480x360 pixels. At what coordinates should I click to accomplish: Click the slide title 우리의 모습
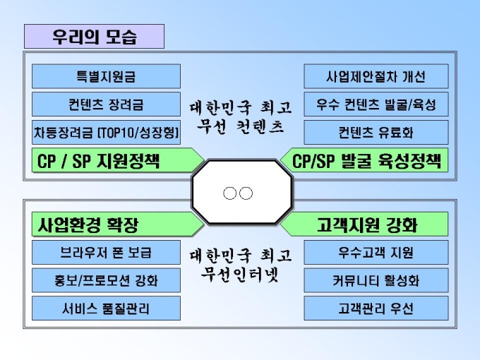pos(94,36)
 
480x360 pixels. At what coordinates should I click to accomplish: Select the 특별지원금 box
pos(106,76)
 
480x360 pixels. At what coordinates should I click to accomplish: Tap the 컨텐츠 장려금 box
pos(106,104)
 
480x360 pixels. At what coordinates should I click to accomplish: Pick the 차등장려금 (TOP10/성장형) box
pos(106,132)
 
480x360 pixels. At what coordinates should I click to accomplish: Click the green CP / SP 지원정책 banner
pos(113,160)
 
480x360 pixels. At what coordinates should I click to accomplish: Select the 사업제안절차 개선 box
pos(376,76)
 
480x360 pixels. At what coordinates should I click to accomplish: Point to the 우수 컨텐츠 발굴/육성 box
pos(376,104)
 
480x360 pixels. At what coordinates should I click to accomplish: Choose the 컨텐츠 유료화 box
pos(376,132)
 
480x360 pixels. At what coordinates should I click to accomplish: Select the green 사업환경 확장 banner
pos(113,225)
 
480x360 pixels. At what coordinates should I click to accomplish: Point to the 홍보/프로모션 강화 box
pos(106,280)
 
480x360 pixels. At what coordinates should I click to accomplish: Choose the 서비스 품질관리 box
pos(106,308)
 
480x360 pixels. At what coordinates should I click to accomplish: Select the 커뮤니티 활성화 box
pos(376,280)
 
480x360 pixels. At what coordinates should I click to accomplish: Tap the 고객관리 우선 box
pos(376,308)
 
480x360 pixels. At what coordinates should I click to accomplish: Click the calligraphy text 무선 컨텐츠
pos(241,127)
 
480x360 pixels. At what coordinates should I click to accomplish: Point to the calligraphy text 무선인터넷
pos(241,273)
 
